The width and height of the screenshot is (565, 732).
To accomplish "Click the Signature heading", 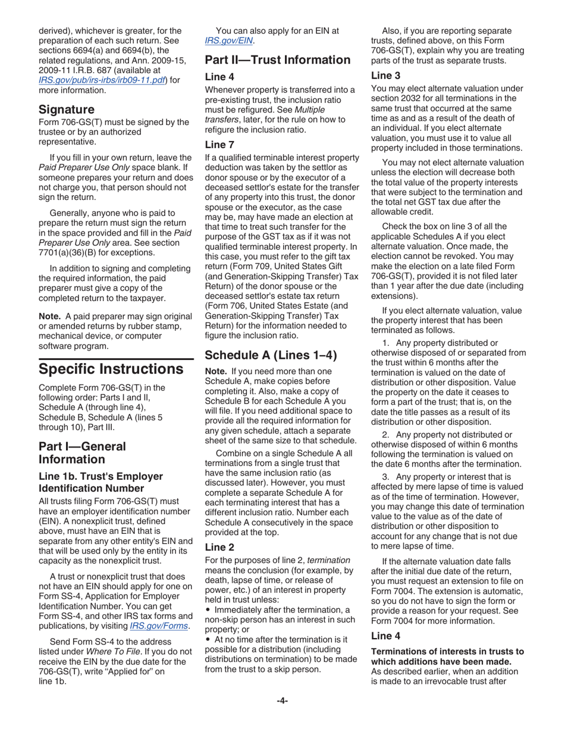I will coord(66,110).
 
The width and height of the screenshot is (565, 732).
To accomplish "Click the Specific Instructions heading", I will coord(111,368).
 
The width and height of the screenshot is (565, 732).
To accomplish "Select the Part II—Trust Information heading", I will coord(278,60).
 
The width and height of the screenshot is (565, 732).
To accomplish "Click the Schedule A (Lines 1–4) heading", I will coord(271,355).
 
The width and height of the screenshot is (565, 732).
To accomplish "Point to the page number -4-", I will coord(282,700).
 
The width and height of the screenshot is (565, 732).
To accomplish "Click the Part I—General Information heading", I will coord(82,452).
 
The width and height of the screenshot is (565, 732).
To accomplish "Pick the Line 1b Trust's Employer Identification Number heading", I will coord(101,481).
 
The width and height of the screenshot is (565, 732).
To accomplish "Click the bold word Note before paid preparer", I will coord(50,316).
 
